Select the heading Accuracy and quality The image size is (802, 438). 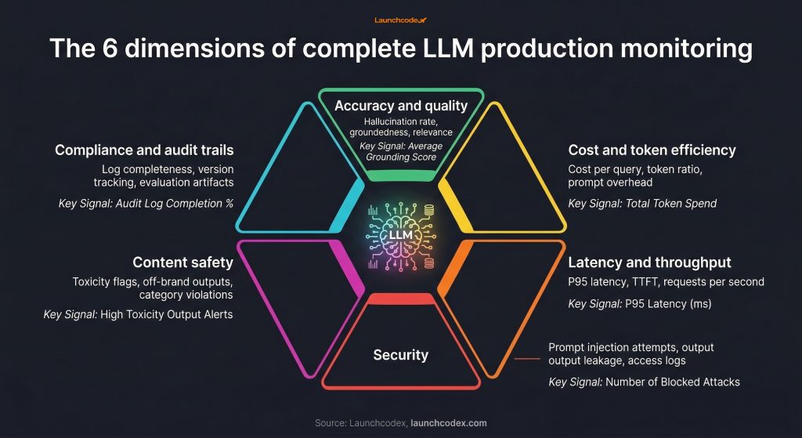coord(400,106)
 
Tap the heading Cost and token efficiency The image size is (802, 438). coord(652,150)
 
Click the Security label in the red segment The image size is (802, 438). coord(400,354)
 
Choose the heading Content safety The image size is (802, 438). coord(182,262)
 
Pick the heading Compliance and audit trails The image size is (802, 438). coord(143,150)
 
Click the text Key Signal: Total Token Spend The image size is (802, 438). coord(642,204)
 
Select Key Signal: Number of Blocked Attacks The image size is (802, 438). coord(644,382)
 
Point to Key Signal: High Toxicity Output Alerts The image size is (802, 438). coord(138,314)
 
